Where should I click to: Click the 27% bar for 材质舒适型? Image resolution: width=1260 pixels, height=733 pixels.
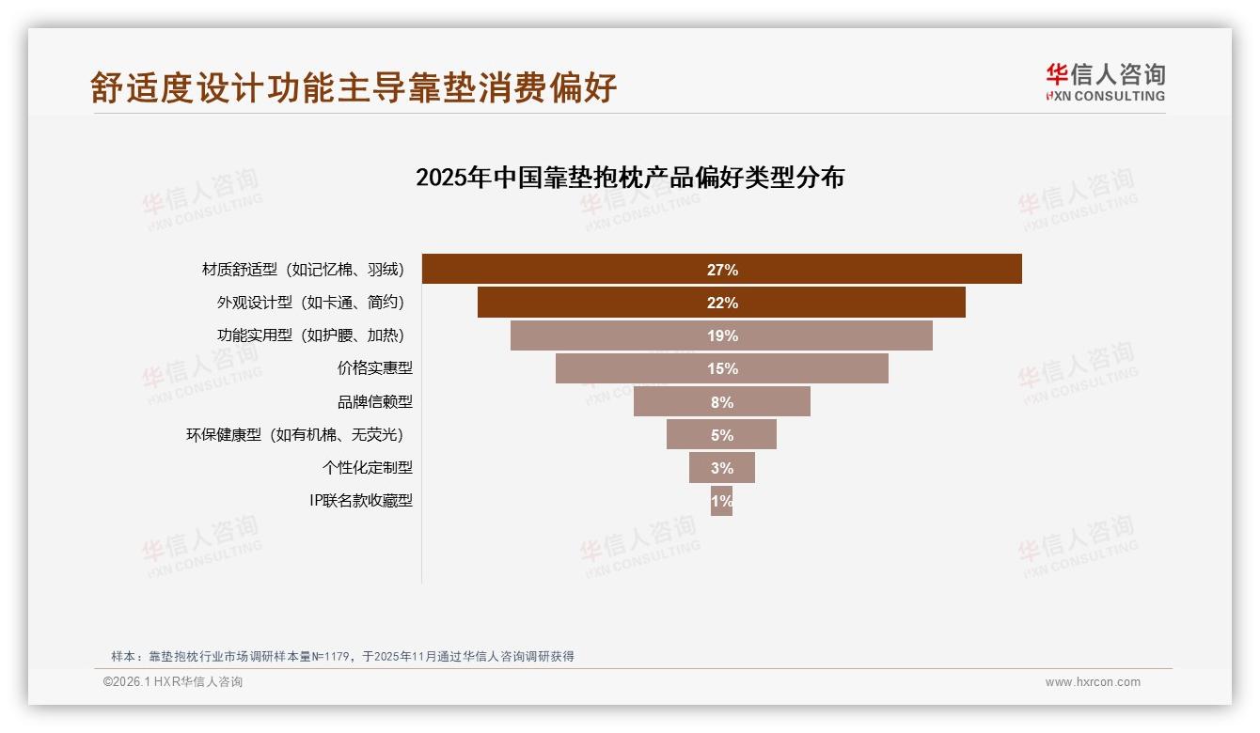point(721,269)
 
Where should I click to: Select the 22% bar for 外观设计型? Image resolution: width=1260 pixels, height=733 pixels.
point(721,303)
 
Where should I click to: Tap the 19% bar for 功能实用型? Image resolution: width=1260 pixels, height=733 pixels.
point(721,335)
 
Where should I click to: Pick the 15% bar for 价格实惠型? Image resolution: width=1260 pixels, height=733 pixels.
point(721,368)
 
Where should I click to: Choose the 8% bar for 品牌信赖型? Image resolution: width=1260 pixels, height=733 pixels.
point(721,401)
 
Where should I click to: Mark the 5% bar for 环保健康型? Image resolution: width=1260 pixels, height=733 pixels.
point(721,434)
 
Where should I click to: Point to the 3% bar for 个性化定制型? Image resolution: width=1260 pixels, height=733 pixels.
point(721,467)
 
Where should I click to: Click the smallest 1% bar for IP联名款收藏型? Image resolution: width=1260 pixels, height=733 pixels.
point(721,501)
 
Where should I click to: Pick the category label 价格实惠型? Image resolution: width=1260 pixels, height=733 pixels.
point(374,368)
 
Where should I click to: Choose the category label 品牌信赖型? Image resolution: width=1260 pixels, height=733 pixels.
point(374,401)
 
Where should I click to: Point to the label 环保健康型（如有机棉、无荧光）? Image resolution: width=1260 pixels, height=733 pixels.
point(299,434)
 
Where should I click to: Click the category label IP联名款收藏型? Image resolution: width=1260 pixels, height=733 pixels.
point(360,501)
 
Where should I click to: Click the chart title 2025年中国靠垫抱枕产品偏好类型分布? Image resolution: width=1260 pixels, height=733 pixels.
point(630,177)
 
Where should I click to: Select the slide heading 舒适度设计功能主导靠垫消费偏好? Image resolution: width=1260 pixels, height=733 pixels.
point(354,87)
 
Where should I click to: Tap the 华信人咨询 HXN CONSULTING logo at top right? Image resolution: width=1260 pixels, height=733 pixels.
point(1105,82)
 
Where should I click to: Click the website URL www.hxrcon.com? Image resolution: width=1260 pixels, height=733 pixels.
point(1093,682)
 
